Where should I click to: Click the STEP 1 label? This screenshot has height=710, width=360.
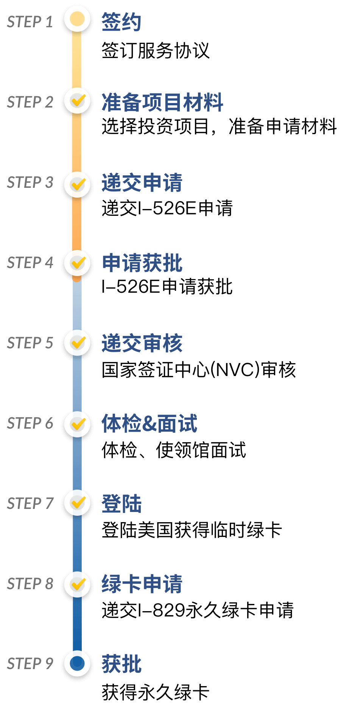[30, 22]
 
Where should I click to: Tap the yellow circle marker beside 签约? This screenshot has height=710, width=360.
[77, 19]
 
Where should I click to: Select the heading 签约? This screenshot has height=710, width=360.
[121, 22]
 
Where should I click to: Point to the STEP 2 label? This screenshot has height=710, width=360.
[30, 102]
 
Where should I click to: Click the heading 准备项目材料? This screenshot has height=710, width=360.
[162, 102]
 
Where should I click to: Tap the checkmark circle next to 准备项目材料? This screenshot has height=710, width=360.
[77, 101]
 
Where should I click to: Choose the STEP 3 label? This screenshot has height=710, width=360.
[30, 183]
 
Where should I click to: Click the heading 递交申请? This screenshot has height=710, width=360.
[142, 183]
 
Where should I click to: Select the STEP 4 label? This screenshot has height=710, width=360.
[30, 263]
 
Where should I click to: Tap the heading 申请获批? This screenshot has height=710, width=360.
[142, 263]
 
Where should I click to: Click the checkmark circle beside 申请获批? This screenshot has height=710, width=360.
[77, 262]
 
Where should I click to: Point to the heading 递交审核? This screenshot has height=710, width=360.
[142, 343]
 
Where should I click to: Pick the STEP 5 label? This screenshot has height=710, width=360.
[30, 343]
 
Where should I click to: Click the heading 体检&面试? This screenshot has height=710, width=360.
[150, 423]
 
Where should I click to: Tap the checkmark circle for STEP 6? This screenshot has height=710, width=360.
[77, 424]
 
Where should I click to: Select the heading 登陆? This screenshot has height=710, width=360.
[121, 504]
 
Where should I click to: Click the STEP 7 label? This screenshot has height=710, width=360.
[30, 504]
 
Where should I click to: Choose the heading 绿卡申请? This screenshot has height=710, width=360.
[142, 584]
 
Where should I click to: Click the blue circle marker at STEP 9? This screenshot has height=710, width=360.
[77, 663]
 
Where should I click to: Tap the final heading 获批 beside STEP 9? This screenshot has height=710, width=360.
[121, 664]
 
